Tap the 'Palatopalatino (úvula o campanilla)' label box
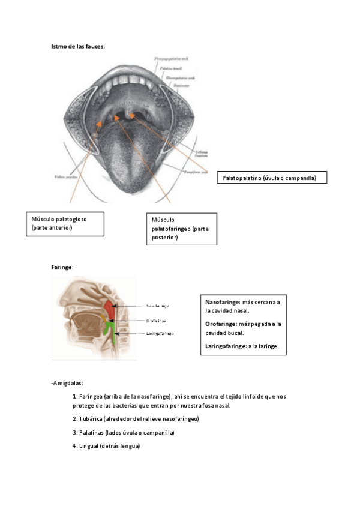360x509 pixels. (274, 178)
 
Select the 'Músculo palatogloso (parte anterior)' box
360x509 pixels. (65, 223)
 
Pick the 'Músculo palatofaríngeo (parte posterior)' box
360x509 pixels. (181, 229)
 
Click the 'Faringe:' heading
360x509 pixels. (62, 267)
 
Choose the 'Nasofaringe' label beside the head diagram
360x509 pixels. (158, 306)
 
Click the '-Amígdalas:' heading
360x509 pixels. (67, 382)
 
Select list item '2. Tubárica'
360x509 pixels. (135, 418)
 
